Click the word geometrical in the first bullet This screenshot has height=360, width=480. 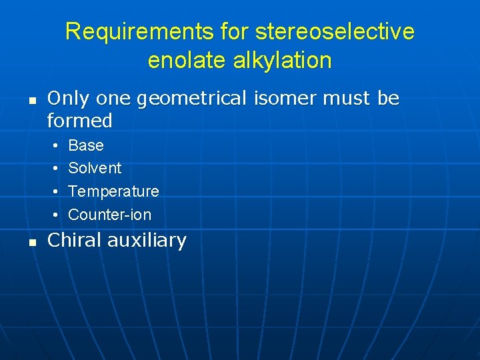click(x=193, y=99)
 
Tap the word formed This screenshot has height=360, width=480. click(x=79, y=121)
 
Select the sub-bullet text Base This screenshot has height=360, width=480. click(x=86, y=145)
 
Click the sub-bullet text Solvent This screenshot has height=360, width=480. click(x=95, y=168)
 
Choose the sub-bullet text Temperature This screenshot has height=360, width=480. click(x=113, y=192)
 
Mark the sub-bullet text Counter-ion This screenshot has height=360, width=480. click(x=109, y=215)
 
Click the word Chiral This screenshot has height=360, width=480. click(x=73, y=240)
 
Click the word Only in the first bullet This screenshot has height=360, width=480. click(x=67, y=99)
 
